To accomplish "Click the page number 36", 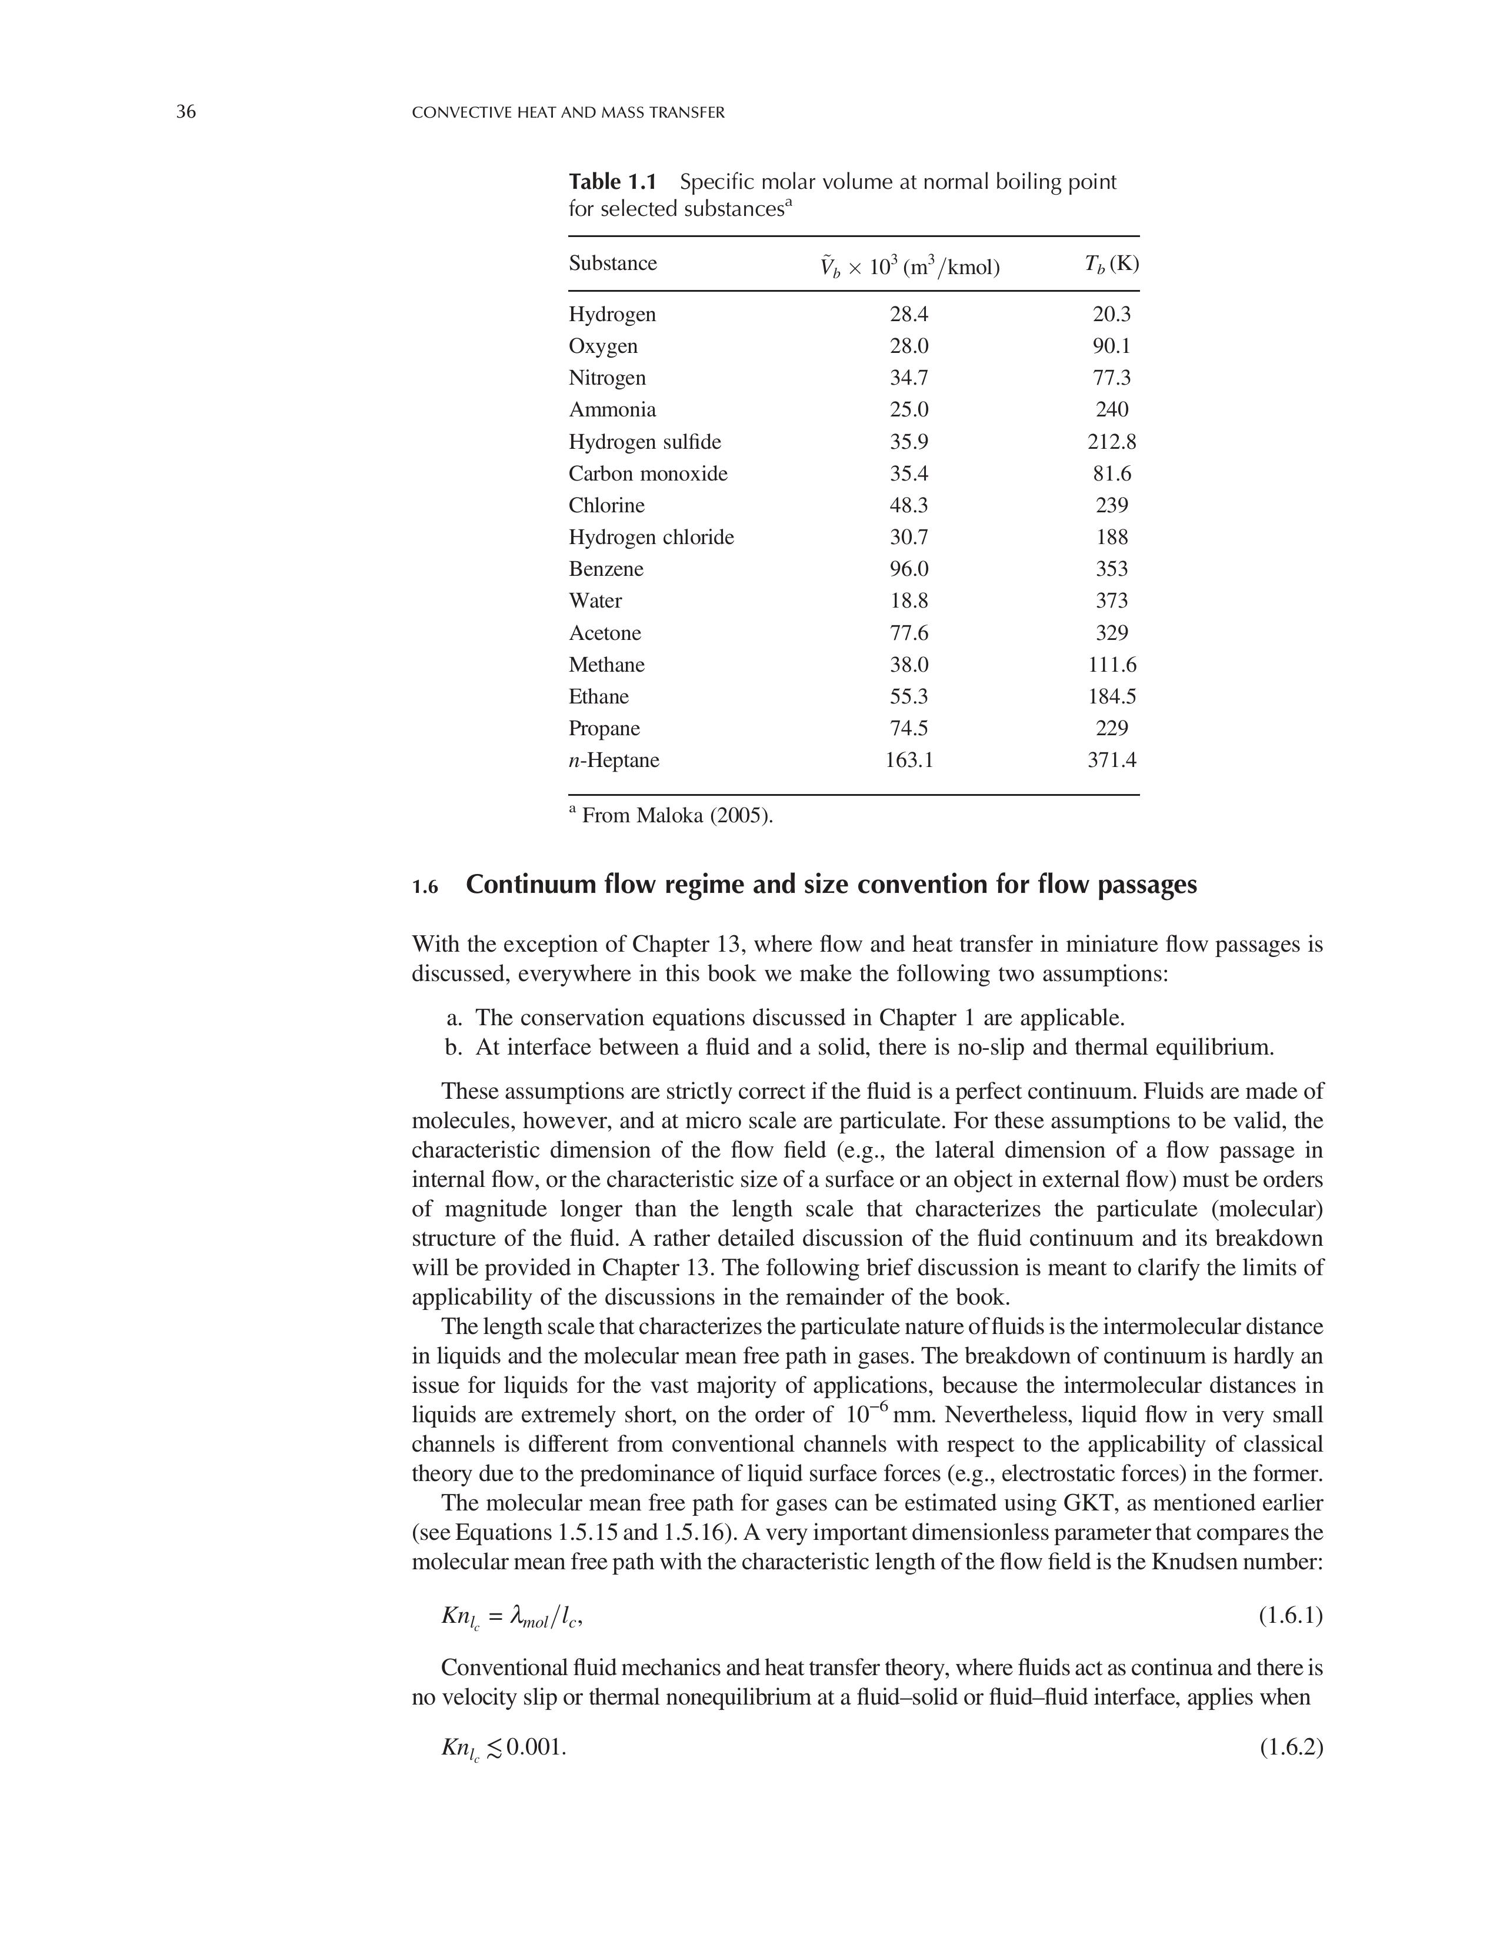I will point(186,112).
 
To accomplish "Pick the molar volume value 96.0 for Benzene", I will point(908,569).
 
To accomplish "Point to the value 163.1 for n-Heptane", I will point(908,760).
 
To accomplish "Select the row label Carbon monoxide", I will point(648,473).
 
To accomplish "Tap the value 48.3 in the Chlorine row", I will point(908,506).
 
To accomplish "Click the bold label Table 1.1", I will point(612,182).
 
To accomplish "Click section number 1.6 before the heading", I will point(426,888).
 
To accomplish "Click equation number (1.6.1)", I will point(1290,1616).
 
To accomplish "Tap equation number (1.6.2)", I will point(1290,1748).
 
